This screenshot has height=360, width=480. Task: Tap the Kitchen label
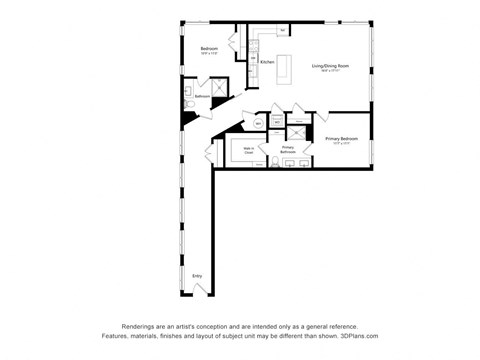[x=267, y=62]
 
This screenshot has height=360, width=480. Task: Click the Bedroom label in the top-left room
[x=209, y=49]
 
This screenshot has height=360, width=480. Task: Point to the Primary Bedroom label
[x=342, y=139]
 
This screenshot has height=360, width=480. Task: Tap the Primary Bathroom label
[x=287, y=148]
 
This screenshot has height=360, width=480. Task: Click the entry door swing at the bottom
[x=202, y=289]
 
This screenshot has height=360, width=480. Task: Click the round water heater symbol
[x=258, y=123]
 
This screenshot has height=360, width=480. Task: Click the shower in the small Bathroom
[x=212, y=88]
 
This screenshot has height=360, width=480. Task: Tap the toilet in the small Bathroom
[x=189, y=103]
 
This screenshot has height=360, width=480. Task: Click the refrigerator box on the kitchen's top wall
[x=284, y=31]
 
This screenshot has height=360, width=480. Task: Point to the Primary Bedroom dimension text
[x=342, y=144]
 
